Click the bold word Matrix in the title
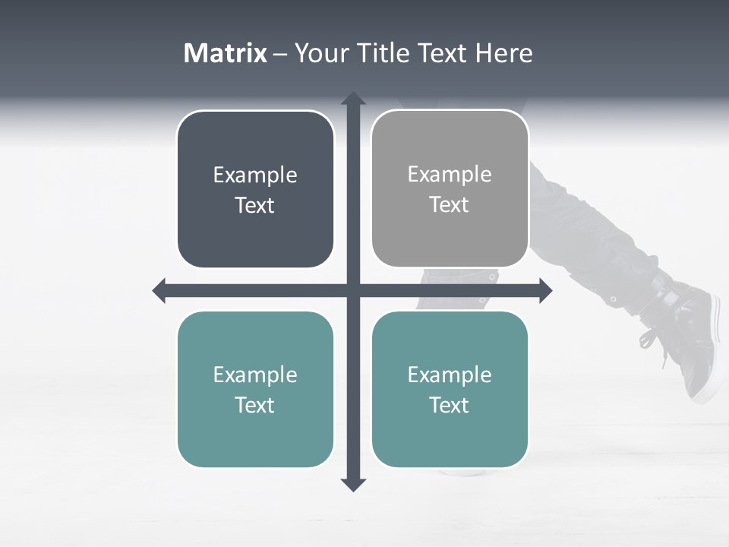226,53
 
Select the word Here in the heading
503,53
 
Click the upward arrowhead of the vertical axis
353,99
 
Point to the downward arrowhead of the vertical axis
353,484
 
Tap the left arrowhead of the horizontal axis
159,290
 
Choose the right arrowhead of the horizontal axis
545,290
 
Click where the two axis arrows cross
353,290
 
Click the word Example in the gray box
450,174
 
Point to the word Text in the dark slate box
254,206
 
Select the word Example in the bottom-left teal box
255,375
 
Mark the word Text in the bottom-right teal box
450,405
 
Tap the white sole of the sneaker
715,357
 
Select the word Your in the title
320,53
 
